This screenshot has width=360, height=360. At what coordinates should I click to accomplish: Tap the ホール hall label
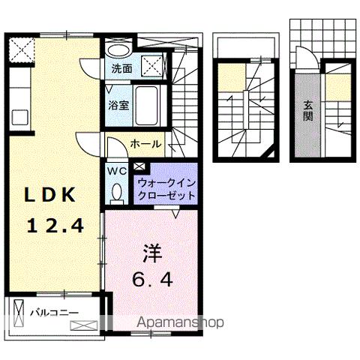tap(144, 143)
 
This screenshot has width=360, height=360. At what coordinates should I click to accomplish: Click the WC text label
tap(117, 170)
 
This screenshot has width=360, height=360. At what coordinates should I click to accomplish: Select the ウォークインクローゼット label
tap(166, 189)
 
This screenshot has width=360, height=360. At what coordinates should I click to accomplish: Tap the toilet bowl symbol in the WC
tap(117, 192)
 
